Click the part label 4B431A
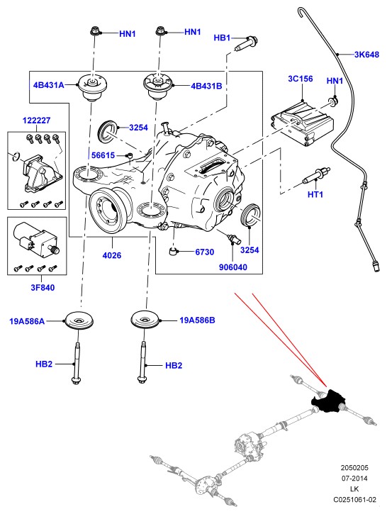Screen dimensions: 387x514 [48, 85]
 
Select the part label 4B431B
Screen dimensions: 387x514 [206, 86]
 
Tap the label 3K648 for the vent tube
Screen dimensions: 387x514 [366, 55]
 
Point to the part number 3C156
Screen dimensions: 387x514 [301, 79]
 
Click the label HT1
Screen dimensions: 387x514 [315, 194]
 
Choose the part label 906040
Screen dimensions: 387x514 [233, 267]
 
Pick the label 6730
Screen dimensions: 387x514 [204, 252]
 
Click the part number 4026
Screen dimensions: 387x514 [112, 255]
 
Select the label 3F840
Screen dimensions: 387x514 [43, 288]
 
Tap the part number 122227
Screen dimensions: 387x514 [36, 121]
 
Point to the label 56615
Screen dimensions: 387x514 [103, 155]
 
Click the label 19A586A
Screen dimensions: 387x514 [27, 321]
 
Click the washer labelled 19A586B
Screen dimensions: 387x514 [145, 319]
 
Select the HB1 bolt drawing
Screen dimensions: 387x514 [246, 43]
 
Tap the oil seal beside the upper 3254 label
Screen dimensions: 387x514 [108, 131]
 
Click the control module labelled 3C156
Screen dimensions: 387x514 [302, 123]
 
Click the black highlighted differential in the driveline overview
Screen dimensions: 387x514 [327, 401]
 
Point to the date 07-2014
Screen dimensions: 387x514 [354, 479]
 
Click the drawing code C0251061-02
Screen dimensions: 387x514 [354, 500]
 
